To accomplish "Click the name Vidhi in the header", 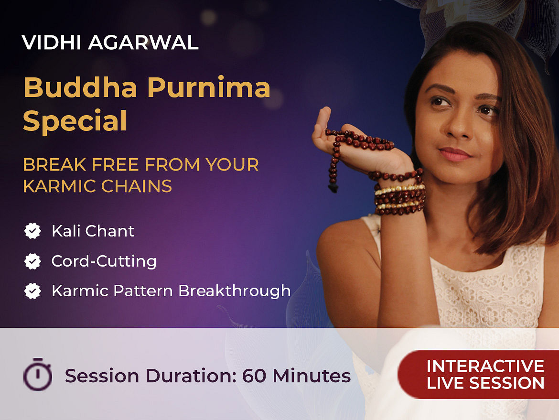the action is pyautogui.click(x=52, y=43).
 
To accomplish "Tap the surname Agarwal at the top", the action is pyautogui.click(x=143, y=43).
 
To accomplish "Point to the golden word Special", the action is pyautogui.click(x=75, y=121).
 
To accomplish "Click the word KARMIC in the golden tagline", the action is pyautogui.click(x=60, y=186).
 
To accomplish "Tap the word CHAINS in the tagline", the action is pyautogui.click(x=137, y=186).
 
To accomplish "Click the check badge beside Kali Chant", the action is pyautogui.click(x=32, y=231).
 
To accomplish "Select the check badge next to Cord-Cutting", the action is pyautogui.click(x=32, y=261).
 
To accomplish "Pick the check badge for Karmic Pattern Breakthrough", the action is pyautogui.click(x=32, y=291).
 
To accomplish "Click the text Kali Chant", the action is pyautogui.click(x=93, y=231).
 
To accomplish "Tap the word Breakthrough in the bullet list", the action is pyautogui.click(x=234, y=291).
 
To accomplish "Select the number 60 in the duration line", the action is pyautogui.click(x=254, y=376).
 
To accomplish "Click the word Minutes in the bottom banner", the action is pyautogui.click(x=312, y=376).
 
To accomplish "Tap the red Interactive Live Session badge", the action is pyautogui.click(x=478, y=374).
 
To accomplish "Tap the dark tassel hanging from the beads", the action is pyautogui.click(x=333, y=188).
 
